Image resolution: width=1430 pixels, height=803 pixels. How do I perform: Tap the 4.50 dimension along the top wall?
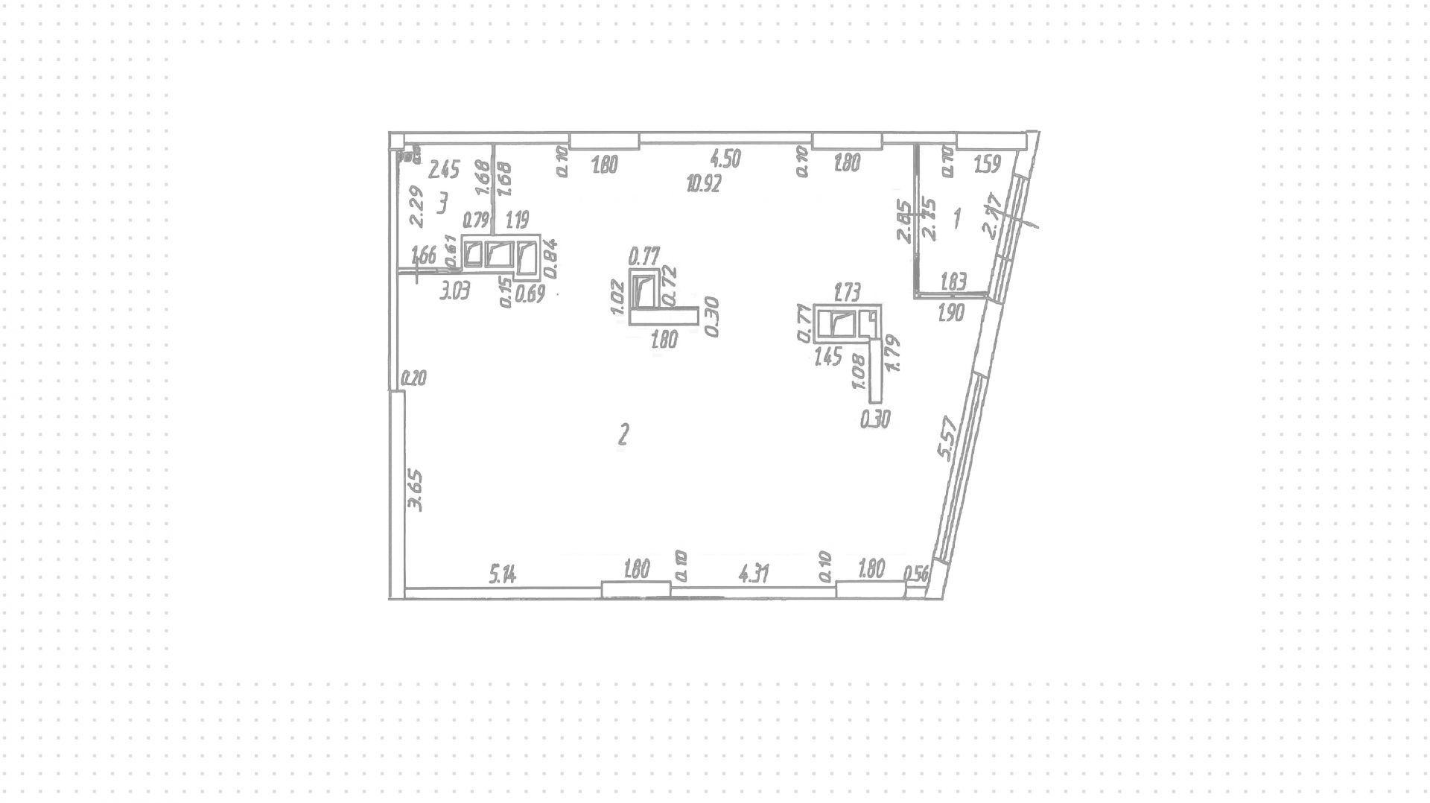click(x=725, y=159)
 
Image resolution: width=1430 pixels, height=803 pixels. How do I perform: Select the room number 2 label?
click(x=624, y=434)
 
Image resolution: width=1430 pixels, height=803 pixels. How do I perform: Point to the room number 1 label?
click(x=957, y=218)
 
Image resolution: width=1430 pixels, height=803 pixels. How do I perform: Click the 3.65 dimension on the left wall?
click(x=416, y=489)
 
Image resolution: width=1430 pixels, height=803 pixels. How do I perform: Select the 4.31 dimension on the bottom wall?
click(x=753, y=574)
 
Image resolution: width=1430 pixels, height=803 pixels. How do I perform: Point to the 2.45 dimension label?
click(x=444, y=170)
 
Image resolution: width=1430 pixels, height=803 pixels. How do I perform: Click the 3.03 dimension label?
click(x=454, y=292)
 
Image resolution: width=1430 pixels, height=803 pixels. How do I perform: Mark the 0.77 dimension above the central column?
click(x=644, y=257)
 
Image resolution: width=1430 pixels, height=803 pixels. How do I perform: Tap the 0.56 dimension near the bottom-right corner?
click(x=917, y=573)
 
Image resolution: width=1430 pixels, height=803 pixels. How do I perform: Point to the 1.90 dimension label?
click(x=951, y=313)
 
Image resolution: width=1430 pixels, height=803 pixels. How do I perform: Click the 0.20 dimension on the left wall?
click(x=413, y=378)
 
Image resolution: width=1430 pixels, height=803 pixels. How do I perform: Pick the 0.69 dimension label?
click(x=530, y=293)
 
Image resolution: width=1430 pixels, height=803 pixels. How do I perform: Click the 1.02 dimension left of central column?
click(x=617, y=296)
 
